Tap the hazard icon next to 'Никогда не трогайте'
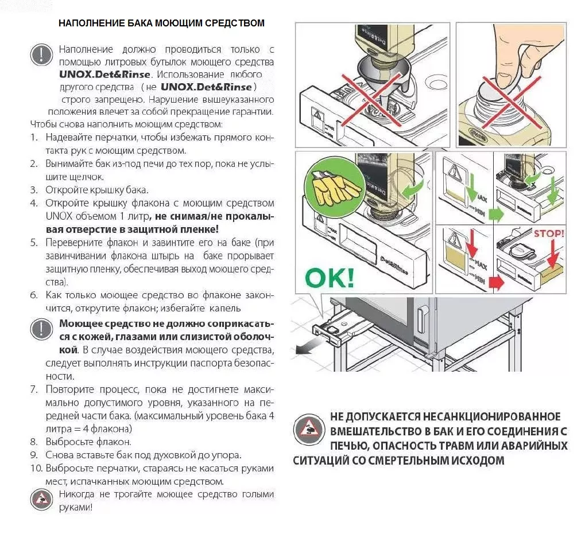tap(41, 500)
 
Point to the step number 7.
tap(33, 389)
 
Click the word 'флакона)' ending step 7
tap(114, 428)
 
